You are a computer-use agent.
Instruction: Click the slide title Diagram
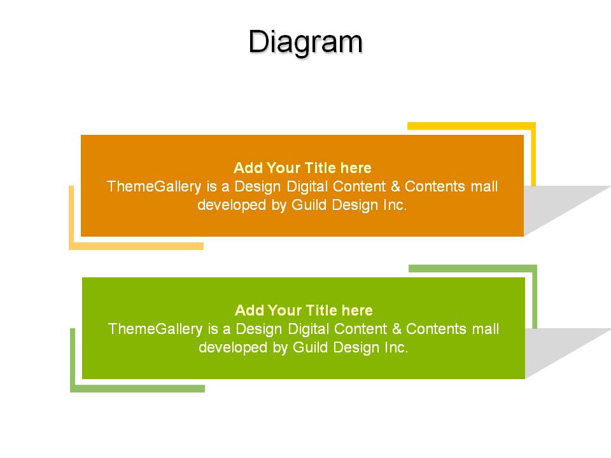(x=305, y=43)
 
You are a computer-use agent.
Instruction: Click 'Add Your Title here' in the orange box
(x=302, y=168)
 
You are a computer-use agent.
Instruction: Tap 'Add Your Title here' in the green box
(x=304, y=310)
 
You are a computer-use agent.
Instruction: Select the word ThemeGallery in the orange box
(x=154, y=186)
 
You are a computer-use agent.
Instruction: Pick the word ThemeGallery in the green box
(x=155, y=329)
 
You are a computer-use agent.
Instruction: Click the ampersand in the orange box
(x=395, y=186)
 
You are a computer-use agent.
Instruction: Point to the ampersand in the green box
(x=397, y=329)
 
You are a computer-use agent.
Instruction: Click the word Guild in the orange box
(x=309, y=205)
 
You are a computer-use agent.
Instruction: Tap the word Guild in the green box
(x=311, y=347)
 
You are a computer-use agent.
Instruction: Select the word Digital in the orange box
(x=307, y=186)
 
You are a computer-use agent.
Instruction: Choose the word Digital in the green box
(x=308, y=329)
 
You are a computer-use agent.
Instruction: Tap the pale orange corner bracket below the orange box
(x=71, y=218)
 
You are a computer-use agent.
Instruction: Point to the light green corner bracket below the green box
(x=73, y=361)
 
